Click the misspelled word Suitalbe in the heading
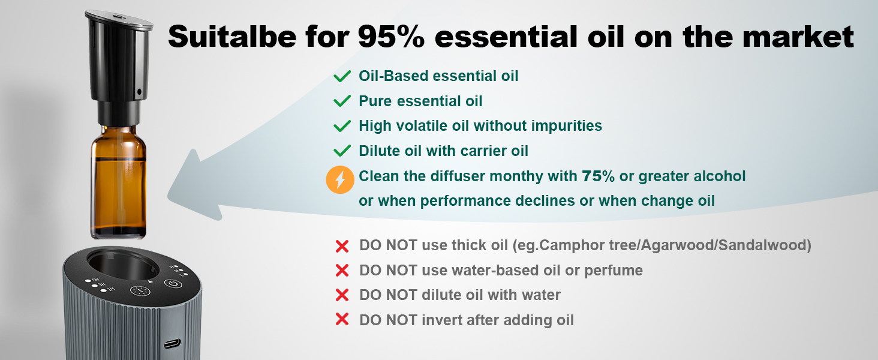(232, 37)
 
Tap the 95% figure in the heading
(391, 37)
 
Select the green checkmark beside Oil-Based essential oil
(342, 76)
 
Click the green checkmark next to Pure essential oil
(342, 101)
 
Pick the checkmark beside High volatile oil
(342, 126)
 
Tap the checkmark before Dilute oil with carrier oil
(342, 151)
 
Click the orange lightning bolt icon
(340, 179)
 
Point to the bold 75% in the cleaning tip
(598, 176)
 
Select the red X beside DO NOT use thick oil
(342, 246)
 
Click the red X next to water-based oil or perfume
(342, 271)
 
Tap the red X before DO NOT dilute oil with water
(342, 295)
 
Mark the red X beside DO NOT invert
(342, 319)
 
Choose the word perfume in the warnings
(614, 271)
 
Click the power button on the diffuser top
(173, 284)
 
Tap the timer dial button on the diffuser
(140, 291)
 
